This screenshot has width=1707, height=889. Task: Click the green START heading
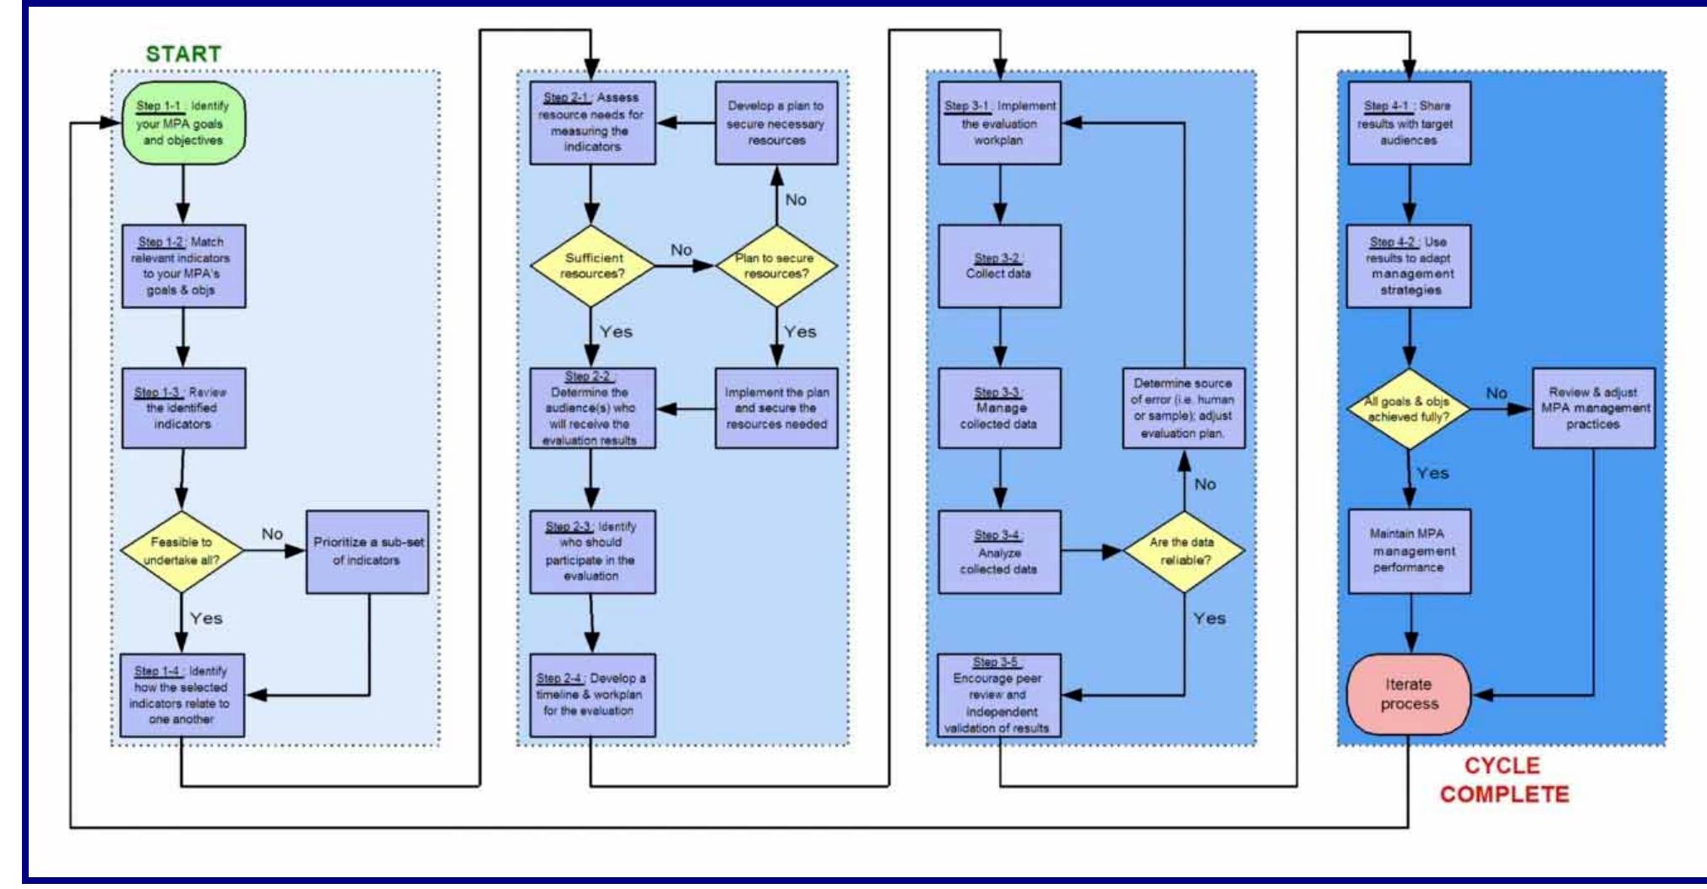tap(183, 54)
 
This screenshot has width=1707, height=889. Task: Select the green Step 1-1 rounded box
tap(183, 123)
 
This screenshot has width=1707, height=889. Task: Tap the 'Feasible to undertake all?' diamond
tap(182, 551)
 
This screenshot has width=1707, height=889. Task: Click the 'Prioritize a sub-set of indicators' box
tap(367, 551)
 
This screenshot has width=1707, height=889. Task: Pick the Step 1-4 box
tap(182, 695)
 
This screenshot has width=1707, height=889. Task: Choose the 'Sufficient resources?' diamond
tap(593, 266)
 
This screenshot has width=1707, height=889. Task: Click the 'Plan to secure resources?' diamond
tap(775, 266)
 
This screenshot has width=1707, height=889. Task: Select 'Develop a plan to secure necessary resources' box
tap(776, 123)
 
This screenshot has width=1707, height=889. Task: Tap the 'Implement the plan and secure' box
tap(776, 408)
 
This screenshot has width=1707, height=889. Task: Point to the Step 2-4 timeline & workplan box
tap(592, 695)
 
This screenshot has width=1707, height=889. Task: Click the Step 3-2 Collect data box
tap(999, 266)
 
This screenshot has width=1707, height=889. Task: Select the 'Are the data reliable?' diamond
tap(1184, 551)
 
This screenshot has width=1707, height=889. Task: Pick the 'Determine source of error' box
tap(1183, 408)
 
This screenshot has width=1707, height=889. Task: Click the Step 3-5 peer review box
tap(999, 695)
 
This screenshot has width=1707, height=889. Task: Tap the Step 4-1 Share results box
tap(1409, 123)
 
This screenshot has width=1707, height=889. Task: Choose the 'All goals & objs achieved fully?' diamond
tap(1408, 409)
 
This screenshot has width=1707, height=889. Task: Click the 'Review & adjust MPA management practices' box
tap(1593, 408)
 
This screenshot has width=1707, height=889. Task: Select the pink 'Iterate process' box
tap(1409, 694)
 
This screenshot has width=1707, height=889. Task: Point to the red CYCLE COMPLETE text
tap(1503, 780)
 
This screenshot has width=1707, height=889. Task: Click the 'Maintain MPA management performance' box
tap(1409, 551)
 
